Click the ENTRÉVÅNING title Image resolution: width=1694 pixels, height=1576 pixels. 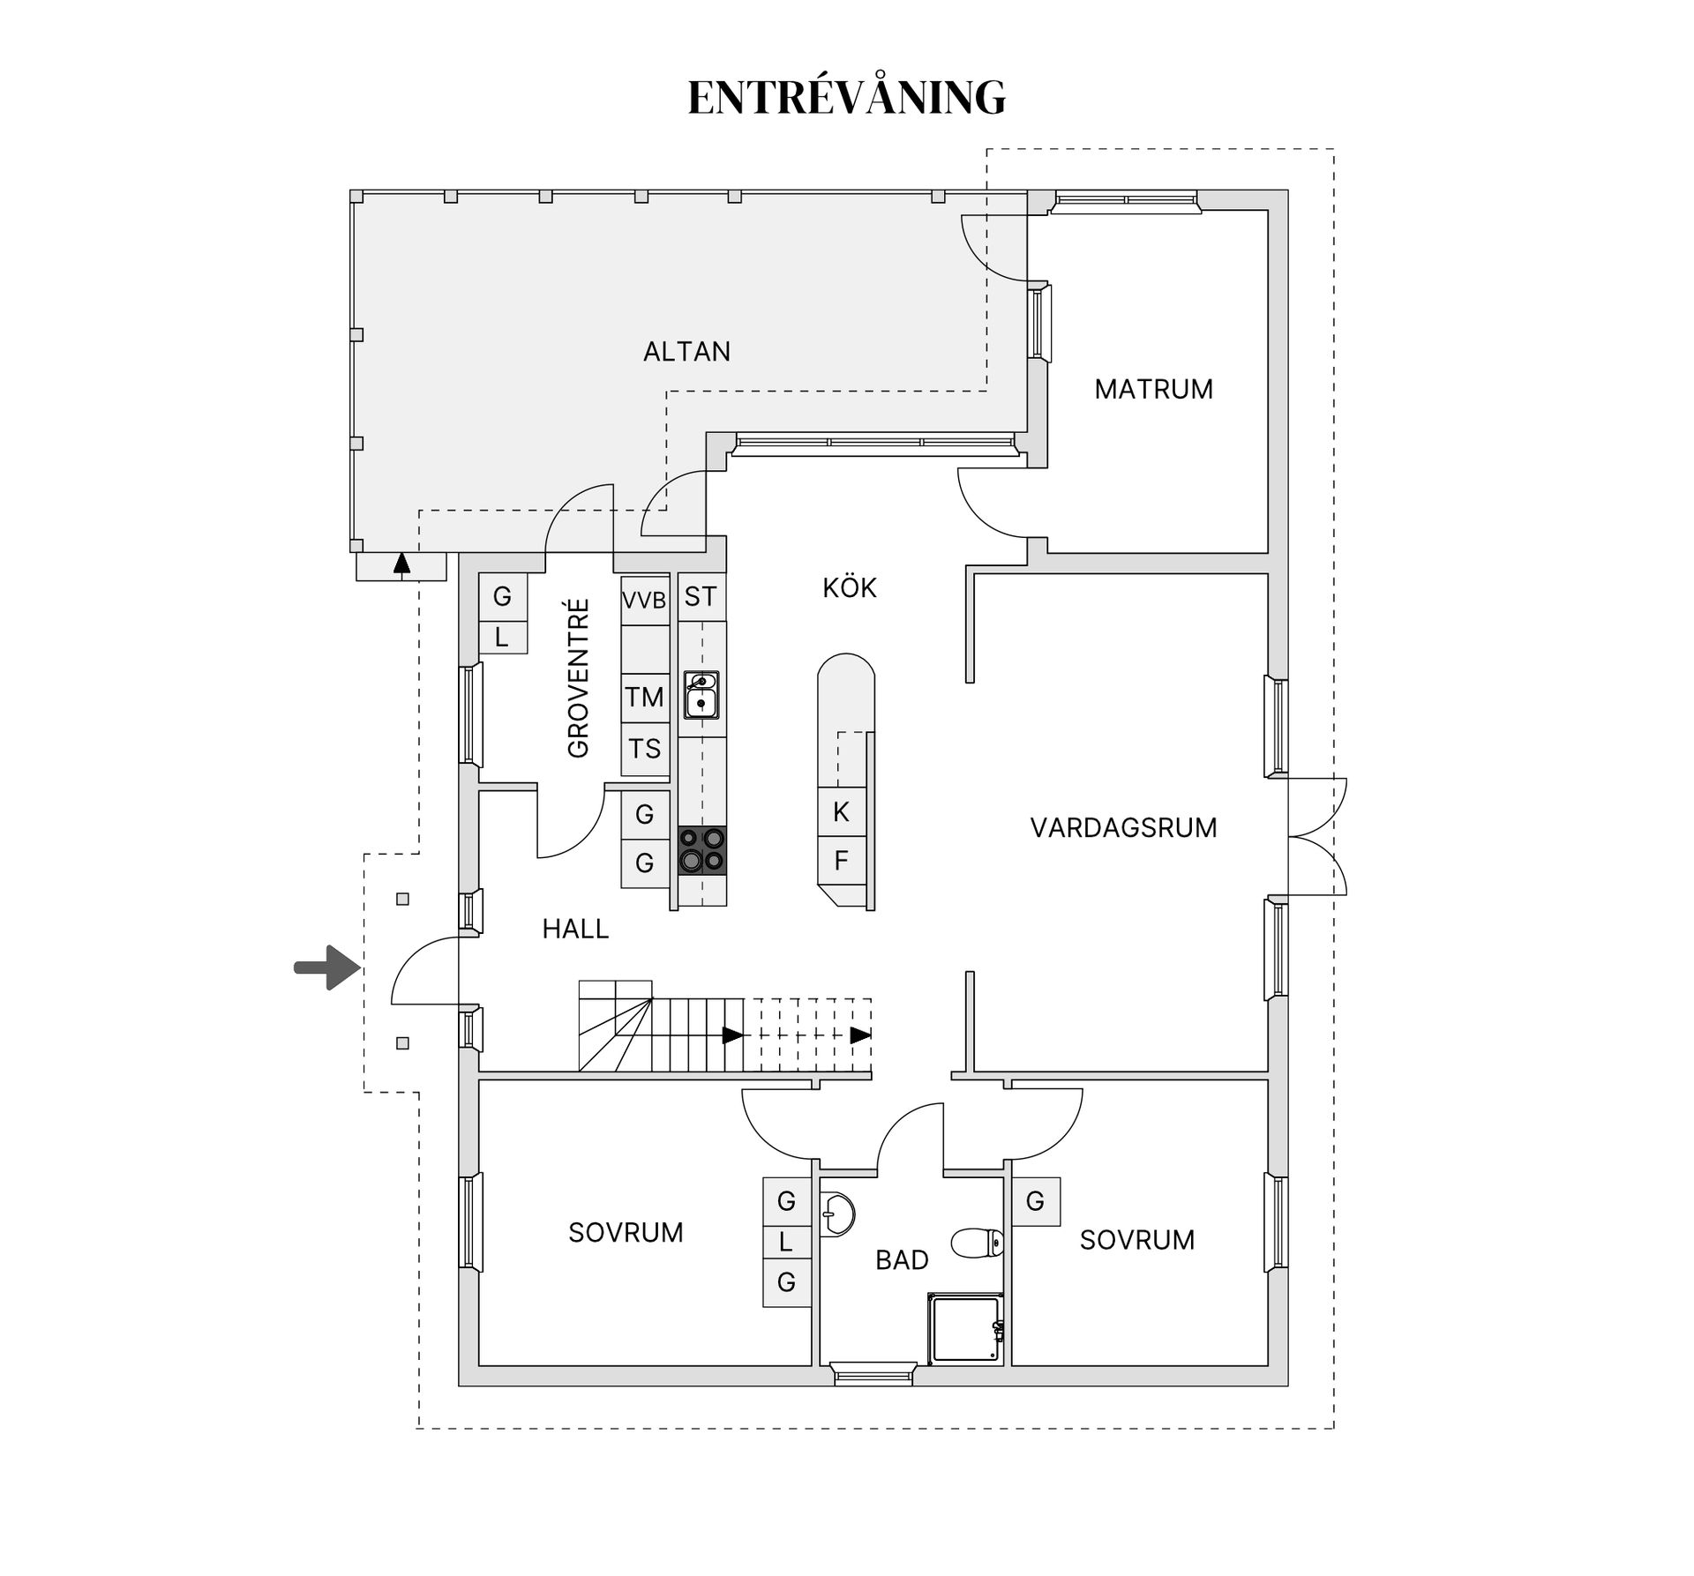coord(846,97)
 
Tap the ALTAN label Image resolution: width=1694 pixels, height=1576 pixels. coord(686,352)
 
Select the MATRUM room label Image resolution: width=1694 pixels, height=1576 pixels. coord(1153,389)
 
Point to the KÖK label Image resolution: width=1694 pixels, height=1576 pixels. coord(849,588)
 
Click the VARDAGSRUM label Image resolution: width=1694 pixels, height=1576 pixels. coord(1123,827)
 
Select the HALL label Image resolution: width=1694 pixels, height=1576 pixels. coord(575,929)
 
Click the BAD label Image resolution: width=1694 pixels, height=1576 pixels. coord(902,1260)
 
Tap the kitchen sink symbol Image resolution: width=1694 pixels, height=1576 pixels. coord(701,695)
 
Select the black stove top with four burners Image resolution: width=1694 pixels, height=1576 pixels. coord(701,850)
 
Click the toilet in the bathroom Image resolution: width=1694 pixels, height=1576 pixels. coord(977,1244)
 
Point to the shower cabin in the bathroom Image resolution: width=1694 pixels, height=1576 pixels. coord(965,1328)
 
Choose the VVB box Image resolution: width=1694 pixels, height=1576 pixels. coord(644,601)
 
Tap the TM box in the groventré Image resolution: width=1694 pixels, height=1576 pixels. coord(644,698)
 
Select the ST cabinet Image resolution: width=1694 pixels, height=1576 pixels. coord(701,597)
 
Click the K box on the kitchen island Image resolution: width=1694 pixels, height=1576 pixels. coord(841,811)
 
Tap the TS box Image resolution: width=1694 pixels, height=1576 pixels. coord(644,749)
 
